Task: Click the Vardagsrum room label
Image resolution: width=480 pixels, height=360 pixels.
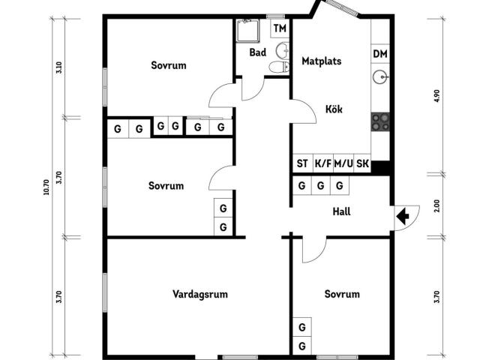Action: coord(199,294)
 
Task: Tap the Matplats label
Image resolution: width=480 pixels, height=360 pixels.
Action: coord(322,61)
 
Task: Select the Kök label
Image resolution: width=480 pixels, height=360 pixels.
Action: coord(334,109)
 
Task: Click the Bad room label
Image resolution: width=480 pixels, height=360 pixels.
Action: coord(258,52)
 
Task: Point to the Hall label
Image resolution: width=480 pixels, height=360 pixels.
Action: coord(341,212)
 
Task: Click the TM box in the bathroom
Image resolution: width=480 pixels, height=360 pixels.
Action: coord(280,28)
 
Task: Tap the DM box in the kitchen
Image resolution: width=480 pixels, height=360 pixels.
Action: coord(380,54)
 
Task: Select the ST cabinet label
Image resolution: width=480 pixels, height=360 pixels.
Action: coord(302,163)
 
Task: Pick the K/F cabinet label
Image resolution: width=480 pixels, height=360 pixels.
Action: coord(322,163)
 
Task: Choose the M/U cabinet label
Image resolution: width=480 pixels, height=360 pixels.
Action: coord(343,163)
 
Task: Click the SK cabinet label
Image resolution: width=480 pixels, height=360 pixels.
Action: coord(362,163)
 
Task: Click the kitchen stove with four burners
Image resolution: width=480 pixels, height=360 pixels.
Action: coord(381,120)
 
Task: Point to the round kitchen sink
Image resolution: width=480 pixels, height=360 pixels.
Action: coord(381,76)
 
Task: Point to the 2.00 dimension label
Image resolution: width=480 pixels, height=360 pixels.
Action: coord(436,205)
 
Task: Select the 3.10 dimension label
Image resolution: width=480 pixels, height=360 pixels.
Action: coord(59,67)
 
